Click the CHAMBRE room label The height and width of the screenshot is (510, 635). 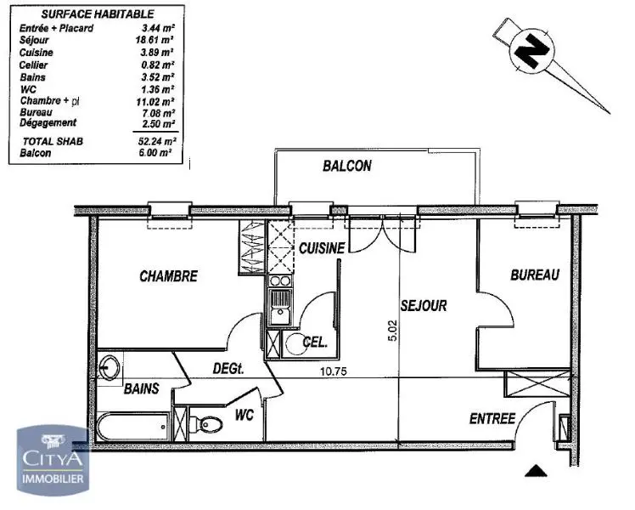point(168,276)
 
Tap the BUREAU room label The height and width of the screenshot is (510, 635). point(534,275)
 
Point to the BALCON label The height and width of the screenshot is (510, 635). point(346,167)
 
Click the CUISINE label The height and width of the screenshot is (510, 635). point(321,248)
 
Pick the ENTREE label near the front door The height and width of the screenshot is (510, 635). point(492,419)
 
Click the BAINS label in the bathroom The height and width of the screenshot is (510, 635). point(141,389)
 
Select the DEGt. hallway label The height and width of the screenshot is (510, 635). point(228,369)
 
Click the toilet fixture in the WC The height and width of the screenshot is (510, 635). point(204,422)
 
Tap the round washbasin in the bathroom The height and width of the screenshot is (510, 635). point(108,370)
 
